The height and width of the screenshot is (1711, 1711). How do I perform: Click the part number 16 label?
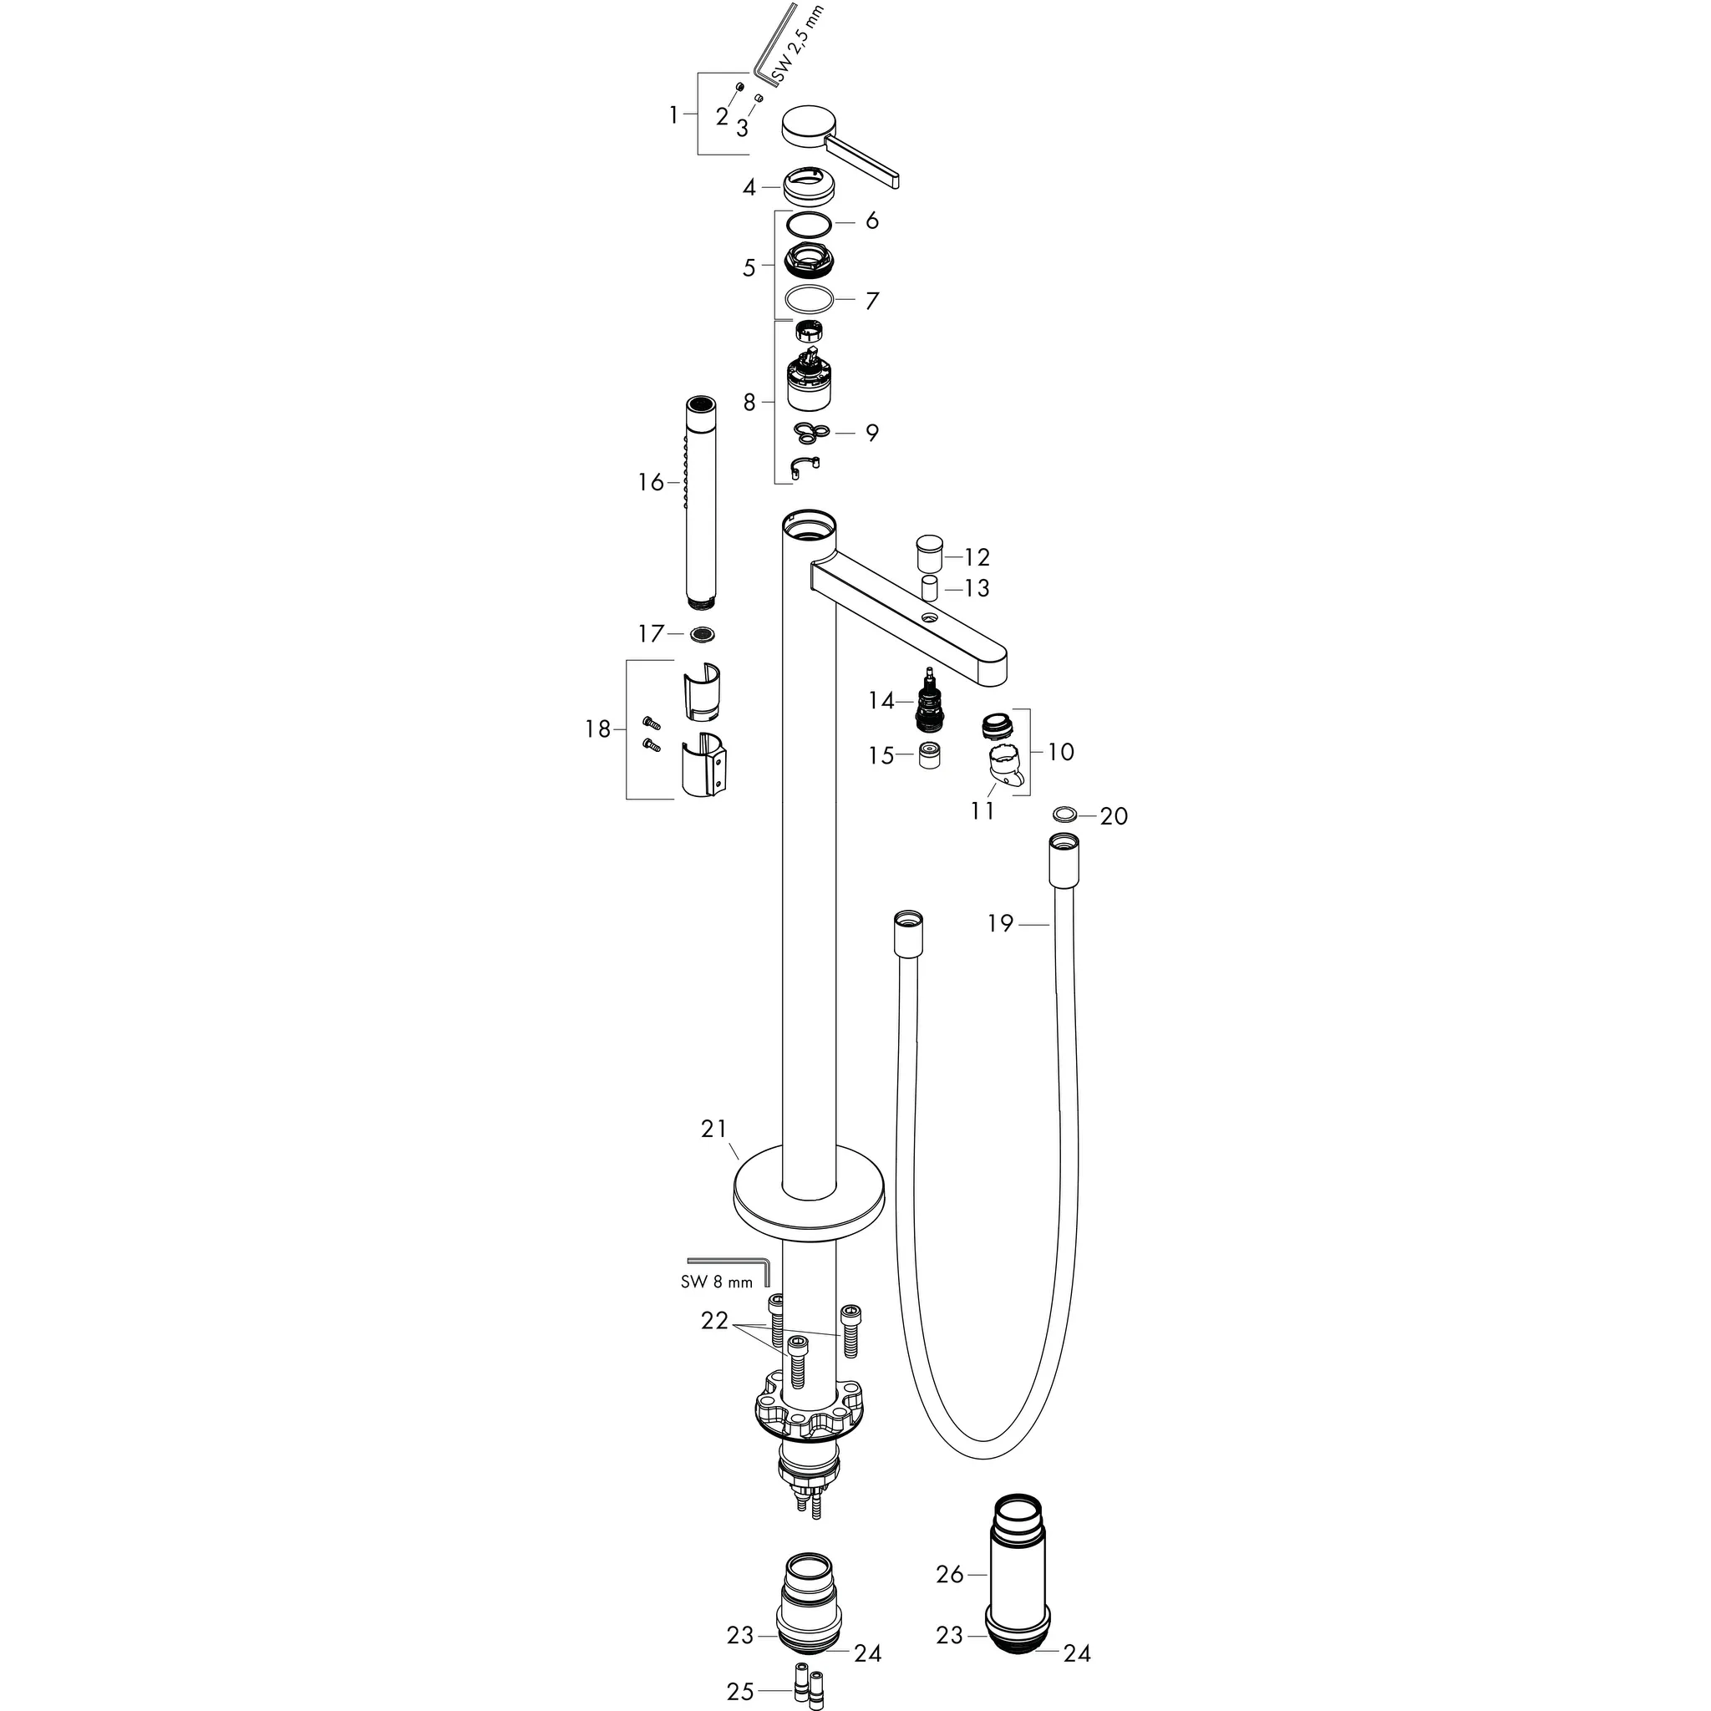click(x=650, y=483)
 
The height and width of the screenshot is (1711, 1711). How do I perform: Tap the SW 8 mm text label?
click(x=717, y=1281)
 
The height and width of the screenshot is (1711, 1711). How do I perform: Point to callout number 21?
click(x=713, y=1130)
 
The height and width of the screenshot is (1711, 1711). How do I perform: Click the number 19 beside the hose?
click(x=1000, y=924)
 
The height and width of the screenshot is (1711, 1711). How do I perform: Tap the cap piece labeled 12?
click(x=927, y=555)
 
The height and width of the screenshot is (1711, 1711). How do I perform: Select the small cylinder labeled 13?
click(x=929, y=588)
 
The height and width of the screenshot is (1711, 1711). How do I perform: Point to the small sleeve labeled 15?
click(x=929, y=756)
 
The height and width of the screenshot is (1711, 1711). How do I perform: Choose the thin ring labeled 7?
click(x=810, y=300)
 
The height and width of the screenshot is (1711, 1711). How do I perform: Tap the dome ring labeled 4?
click(x=807, y=189)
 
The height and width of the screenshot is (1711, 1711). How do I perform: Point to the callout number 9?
click(x=871, y=433)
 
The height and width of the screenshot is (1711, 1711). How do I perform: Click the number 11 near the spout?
click(x=982, y=810)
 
